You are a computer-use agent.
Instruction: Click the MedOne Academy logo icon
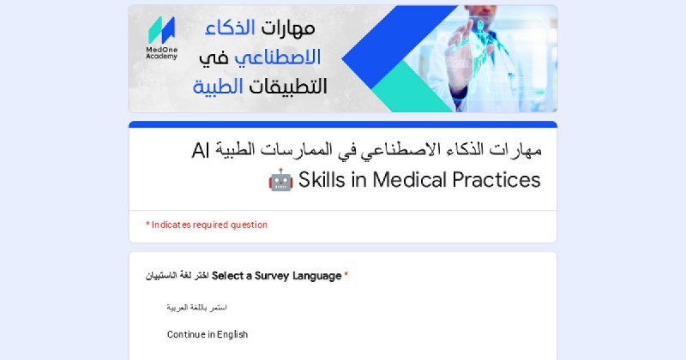coord(161,30)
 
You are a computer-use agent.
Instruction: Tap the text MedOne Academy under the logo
coord(161,53)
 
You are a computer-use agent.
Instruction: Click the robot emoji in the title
coord(281,180)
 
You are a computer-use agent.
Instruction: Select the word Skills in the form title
coord(322,180)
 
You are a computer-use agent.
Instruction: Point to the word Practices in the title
coord(496,180)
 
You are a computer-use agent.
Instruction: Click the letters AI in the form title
coord(201,151)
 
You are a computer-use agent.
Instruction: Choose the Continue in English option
coord(208,334)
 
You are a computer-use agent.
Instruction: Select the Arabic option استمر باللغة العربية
coord(197,308)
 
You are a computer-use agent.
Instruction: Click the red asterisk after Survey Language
coord(346,275)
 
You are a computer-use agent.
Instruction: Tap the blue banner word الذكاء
coord(230,28)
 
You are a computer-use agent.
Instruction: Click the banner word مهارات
coord(288,28)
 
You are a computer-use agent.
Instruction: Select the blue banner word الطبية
coord(218,87)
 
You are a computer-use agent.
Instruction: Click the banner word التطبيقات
coord(288,87)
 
